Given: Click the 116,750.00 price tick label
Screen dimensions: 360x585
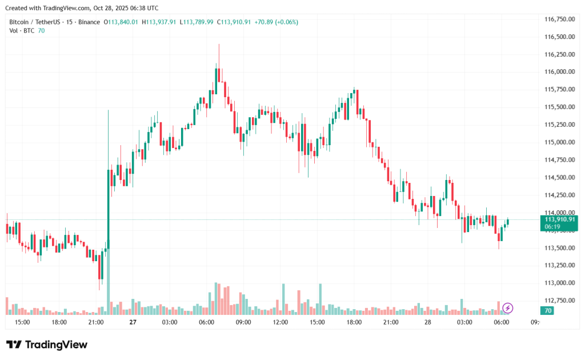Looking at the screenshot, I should point(559,19).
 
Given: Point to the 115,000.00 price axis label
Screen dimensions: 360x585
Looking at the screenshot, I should point(559,142).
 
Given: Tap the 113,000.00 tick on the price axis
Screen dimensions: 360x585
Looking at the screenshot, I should point(559,283).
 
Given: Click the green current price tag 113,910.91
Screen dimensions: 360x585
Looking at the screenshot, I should point(560,219).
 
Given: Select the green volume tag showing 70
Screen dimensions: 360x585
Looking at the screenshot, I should point(548,310).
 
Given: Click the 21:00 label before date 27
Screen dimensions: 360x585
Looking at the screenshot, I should point(96,322).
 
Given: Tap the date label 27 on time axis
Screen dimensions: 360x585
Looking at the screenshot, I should point(133,322).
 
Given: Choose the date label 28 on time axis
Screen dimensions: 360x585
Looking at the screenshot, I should point(427,322).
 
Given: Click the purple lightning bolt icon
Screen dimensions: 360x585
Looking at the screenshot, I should point(508,309).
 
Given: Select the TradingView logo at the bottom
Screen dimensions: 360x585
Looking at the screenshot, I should point(47,345).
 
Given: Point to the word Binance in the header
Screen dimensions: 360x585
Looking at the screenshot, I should point(89,22).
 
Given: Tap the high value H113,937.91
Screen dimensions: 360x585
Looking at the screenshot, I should point(161,22).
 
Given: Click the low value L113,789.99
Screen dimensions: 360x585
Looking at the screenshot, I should point(197,22).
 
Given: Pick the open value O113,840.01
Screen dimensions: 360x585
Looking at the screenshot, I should point(121,22).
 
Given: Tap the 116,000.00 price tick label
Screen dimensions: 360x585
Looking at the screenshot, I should point(559,72).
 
